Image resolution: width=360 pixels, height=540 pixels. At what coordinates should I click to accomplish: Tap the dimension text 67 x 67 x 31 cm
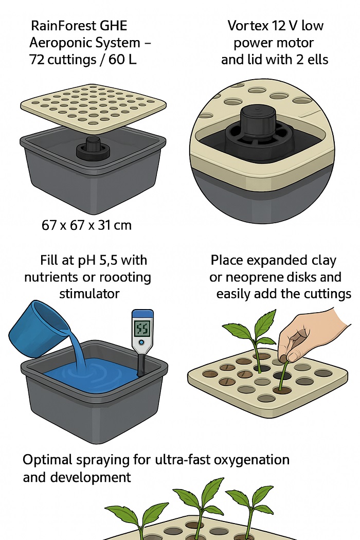click(x=86, y=225)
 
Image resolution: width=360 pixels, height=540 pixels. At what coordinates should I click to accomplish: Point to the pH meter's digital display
click(x=142, y=328)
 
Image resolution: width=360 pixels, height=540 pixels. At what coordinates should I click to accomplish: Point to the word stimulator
click(x=89, y=294)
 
